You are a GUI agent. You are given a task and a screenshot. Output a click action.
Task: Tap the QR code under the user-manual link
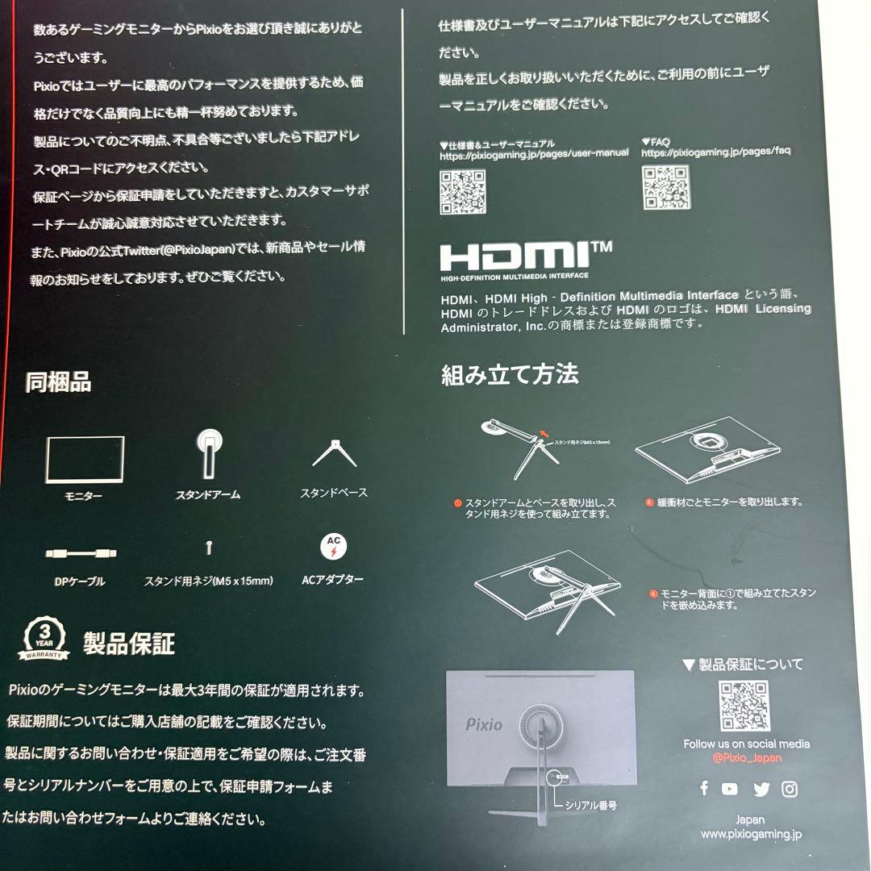coord(462,191)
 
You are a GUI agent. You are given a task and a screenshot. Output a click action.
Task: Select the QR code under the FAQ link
coord(665,187)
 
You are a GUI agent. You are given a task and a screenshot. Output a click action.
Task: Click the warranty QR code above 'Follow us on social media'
coord(743,706)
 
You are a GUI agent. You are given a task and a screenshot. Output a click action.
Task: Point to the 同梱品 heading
coord(58,381)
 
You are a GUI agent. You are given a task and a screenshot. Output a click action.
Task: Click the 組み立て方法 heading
coord(510,375)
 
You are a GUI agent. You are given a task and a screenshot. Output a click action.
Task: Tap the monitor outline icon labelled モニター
coord(85,460)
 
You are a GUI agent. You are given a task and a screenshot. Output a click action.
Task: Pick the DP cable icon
coord(81,554)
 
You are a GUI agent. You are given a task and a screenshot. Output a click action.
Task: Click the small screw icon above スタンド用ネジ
coord(209,548)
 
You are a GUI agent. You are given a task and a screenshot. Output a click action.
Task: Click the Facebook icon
coord(704,788)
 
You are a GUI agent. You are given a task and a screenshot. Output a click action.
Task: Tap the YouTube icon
coord(730,789)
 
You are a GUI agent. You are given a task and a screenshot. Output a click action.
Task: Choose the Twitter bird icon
coord(761,789)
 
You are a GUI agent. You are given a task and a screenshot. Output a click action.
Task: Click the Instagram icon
coord(790,789)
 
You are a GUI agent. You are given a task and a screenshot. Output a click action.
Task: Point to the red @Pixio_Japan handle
coord(747,758)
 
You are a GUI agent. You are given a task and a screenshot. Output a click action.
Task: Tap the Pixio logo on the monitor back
coord(484,724)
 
